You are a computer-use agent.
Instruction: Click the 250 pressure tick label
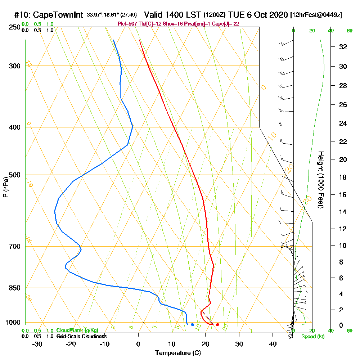tap(13, 27)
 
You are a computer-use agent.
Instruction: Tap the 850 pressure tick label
tap(13, 288)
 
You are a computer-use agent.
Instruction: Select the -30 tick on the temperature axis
tap(37, 344)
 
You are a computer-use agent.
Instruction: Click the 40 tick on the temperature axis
tap(273, 344)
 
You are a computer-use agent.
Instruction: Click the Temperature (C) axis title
tap(178, 353)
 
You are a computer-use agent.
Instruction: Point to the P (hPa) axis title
tap(5, 187)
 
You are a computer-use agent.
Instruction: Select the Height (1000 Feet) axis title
tap(320, 180)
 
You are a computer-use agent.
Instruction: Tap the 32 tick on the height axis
tap(343, 47)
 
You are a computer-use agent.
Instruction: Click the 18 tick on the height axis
tap(343, 177)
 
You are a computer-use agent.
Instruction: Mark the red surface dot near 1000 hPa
tap(217, 325)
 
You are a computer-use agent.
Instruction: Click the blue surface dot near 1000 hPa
tap(193, 325)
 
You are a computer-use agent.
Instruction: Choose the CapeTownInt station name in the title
tap(58, 15)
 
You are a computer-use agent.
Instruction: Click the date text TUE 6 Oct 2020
tap(258, 15)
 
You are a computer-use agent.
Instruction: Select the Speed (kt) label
tap(312, 337)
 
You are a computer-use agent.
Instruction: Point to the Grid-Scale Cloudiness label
tap(81, 336)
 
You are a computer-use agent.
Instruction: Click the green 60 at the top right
tap(349, 31)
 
